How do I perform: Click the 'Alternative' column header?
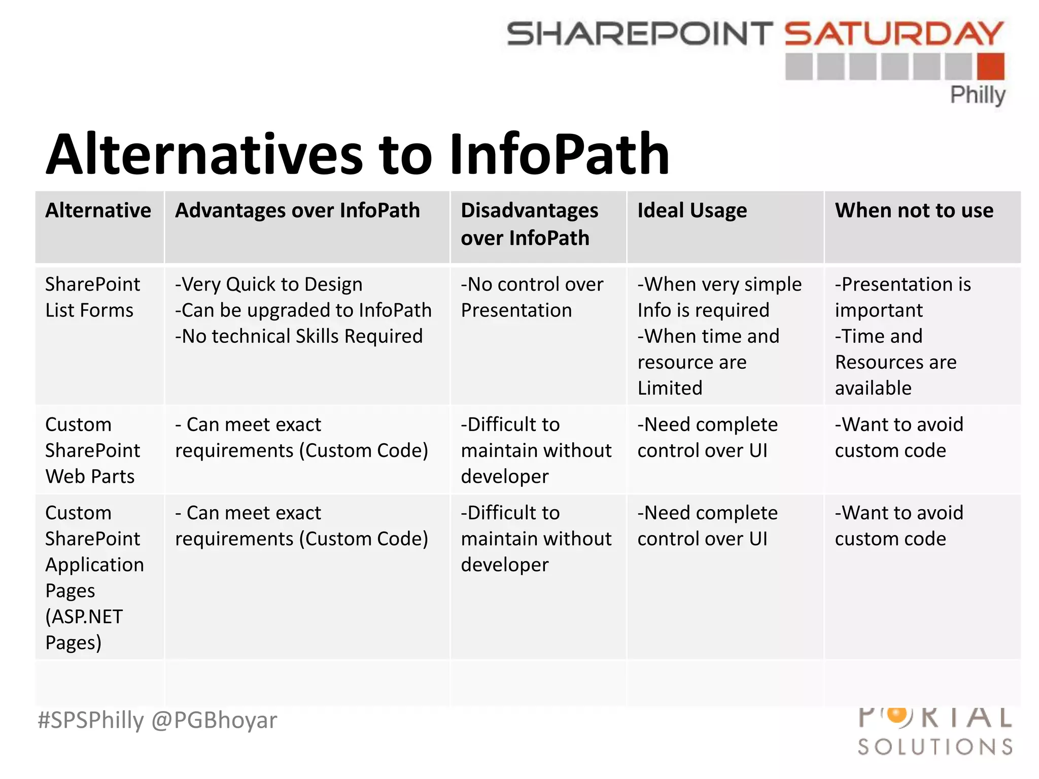[x=98, y=210]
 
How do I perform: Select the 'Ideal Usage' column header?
[x=692, y=210]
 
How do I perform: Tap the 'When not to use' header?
[x=914, y=210]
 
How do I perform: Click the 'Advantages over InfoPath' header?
[x=297, y=210]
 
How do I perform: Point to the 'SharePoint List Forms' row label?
[x=92, y=297]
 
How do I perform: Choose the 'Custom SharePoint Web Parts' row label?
[x=92, y=450]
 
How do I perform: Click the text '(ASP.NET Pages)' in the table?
[x=84, y=629]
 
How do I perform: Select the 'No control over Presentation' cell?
[x=532, y=297]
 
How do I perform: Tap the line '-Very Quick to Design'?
[x=269, y=285]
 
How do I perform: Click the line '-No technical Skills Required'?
[x=299, y=336]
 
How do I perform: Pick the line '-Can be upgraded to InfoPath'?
[x=303, y=310]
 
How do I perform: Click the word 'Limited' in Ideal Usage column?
[x=670, y=388]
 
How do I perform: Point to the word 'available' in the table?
[x=873, y=388]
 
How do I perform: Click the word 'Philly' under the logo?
[x=977, y=95]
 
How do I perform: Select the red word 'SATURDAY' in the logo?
[x=894, y=33]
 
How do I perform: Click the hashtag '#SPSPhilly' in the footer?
[x=91, y=720]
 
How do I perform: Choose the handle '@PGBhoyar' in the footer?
[x=214, y=720]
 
